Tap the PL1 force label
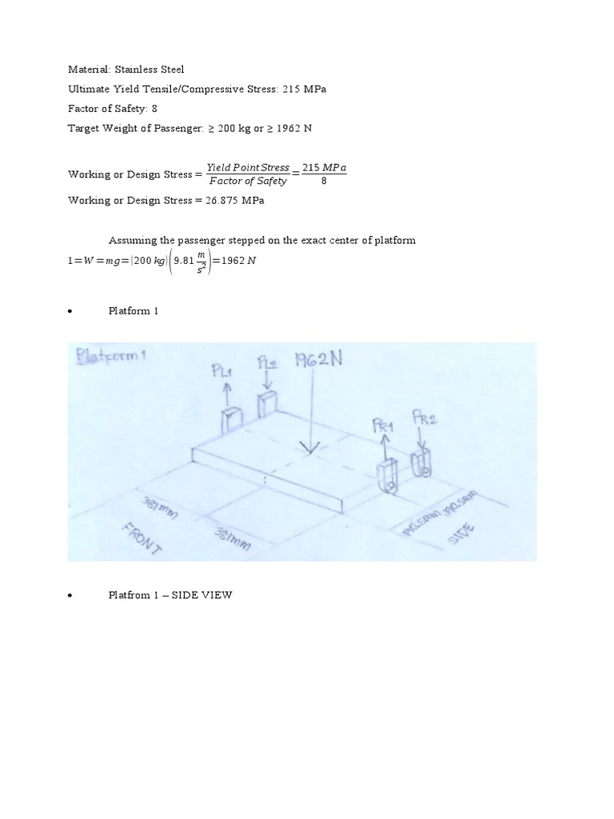pyautogui.click(x=222, y=370)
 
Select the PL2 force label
pyautogui.click(x=267, y=364)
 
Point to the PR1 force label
pyautogui.click(x=385, y=426)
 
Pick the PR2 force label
pyautogui.click(x=424, y=417)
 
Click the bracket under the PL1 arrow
pyautogui.click(x=231, y=420)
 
